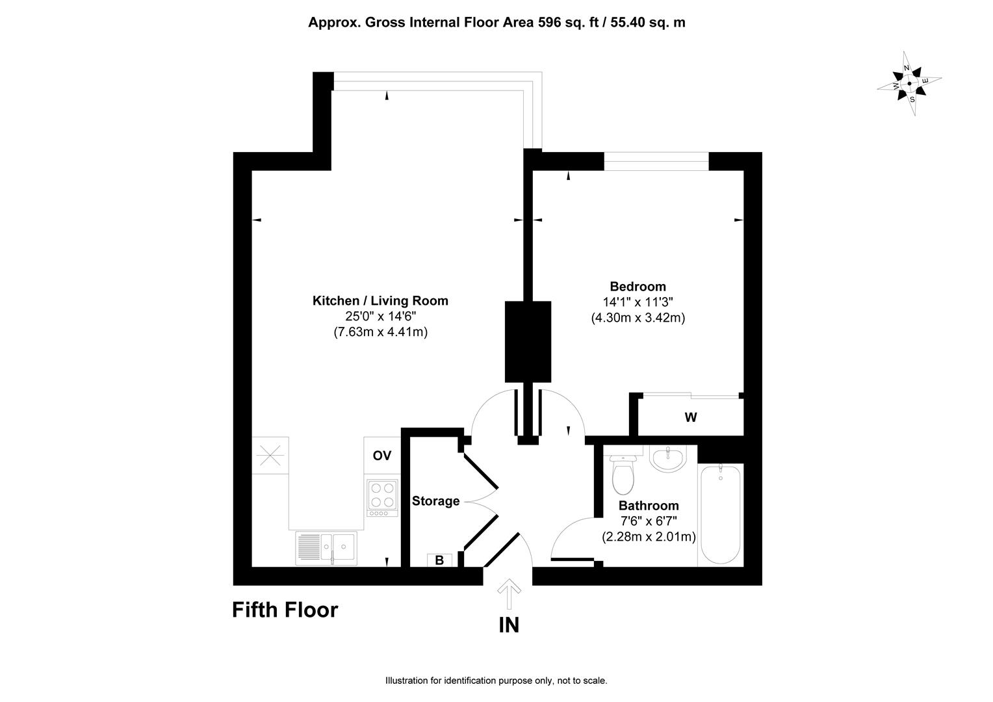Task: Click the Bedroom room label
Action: (638, 287)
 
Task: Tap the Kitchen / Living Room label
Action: (380, 301)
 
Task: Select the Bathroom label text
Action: (649, 506)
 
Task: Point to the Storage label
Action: (436, 501)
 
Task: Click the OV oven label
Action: (382, 456)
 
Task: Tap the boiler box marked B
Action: (439, 560)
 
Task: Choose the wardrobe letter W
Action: (691, 417)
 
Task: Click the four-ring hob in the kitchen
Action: (383, 497)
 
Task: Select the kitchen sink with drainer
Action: (326, 548)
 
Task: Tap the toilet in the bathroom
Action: (623, 474)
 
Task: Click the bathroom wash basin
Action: (667, 458)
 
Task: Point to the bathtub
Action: (720, 514)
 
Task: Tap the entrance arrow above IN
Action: (509, 594)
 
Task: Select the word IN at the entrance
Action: (509, 625)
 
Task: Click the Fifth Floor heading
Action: (285, 610)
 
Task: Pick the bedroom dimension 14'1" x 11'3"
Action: (638, 302)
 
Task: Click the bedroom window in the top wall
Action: (656, 161)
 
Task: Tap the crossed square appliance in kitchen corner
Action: (270, 456)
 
